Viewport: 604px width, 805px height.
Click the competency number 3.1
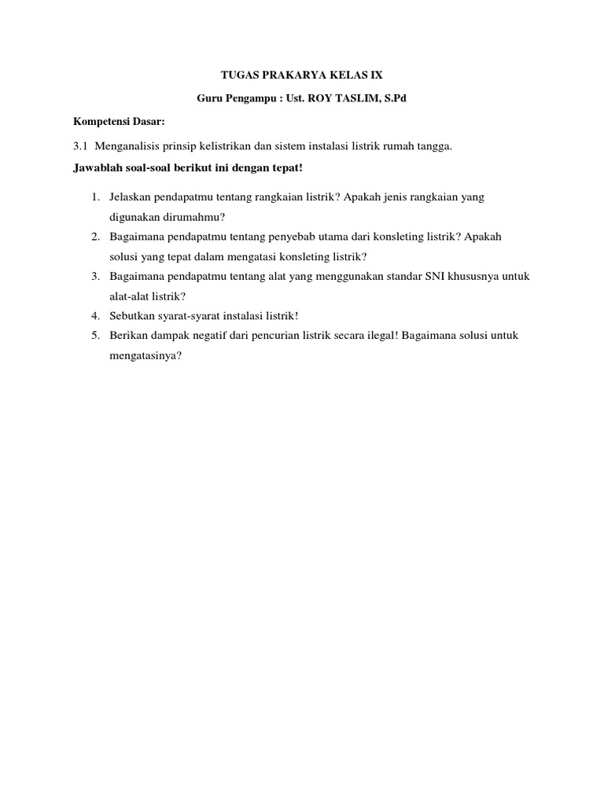point(80,146)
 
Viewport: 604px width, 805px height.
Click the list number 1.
point(94,197)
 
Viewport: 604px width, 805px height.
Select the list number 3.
point(94,276)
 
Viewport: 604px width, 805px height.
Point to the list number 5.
point(94,335)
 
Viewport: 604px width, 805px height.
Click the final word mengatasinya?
point(146,355)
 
